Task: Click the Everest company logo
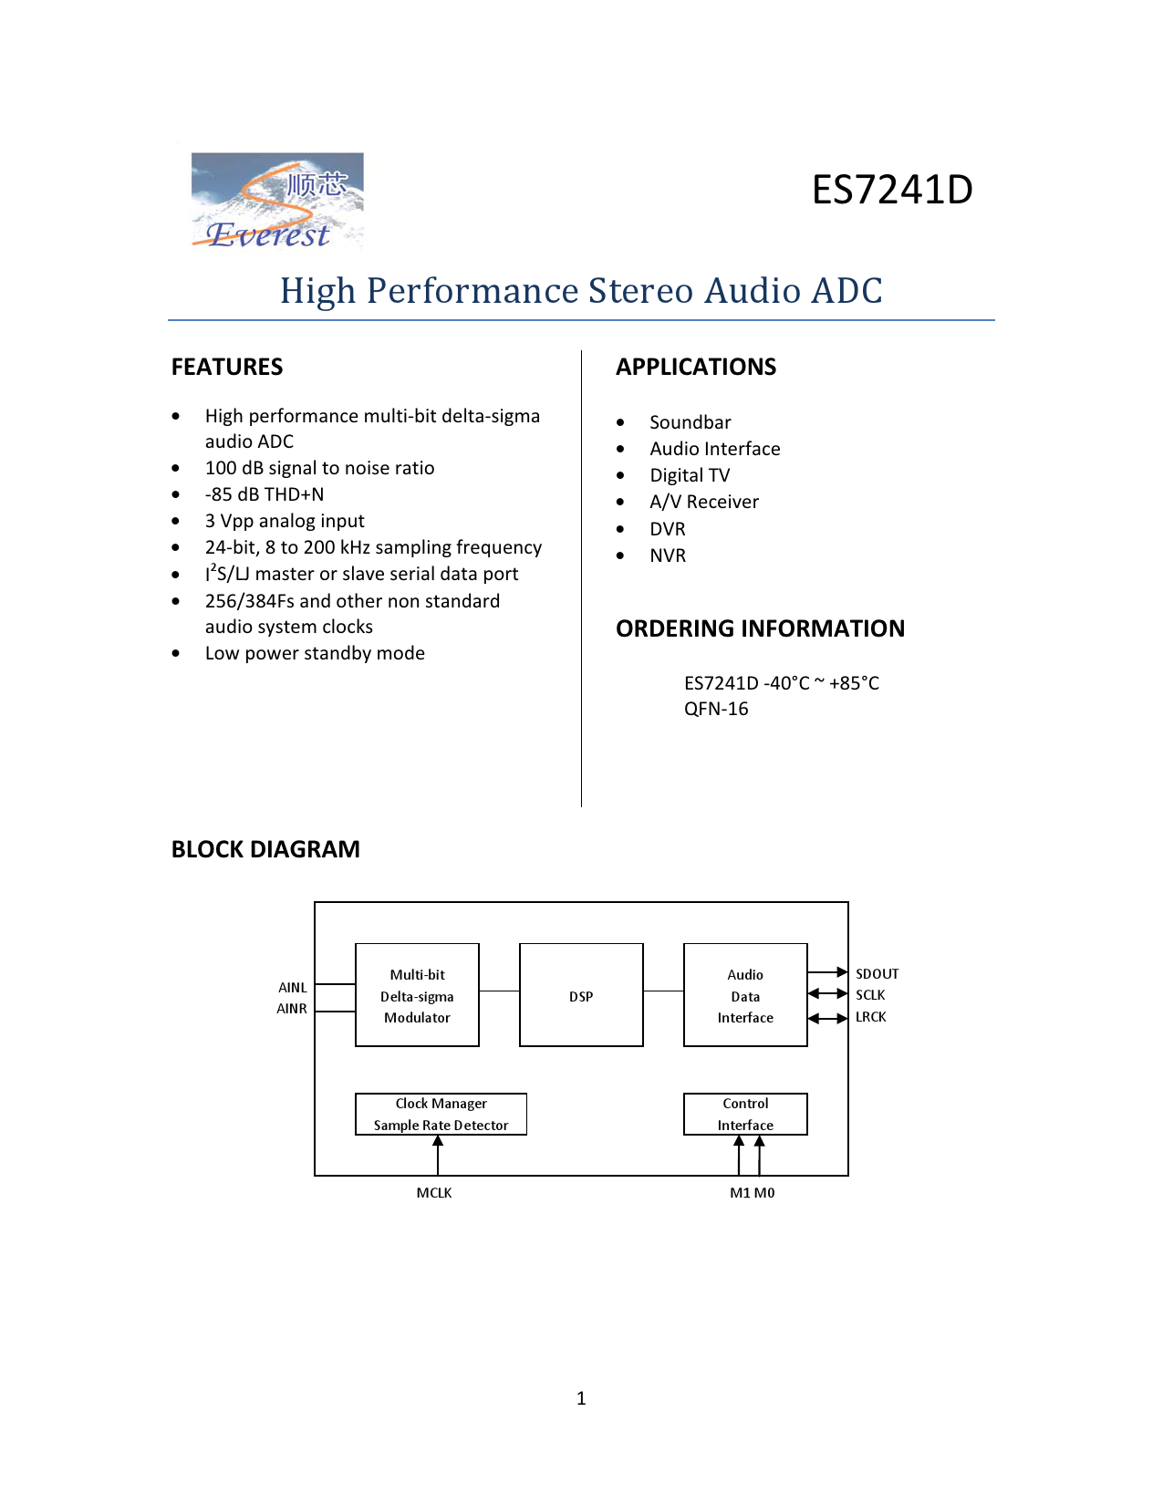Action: pyautogui.click(x=276, y=202)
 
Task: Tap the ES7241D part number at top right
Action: pyautogui.click(x=891, y=190)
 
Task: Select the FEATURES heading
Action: pyautogui.click(x=227, y=367)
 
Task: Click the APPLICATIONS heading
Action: pyautogui.click(x=696, y=367)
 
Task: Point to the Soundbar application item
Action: pyautogui.click(x=690, y=422)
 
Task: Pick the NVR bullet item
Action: pyautogui.click(x=667, y=555)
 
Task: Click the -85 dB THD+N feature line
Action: pyautogui.click(x=265, y=494)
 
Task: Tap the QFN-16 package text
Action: pyautogui.click(x=716, y=709)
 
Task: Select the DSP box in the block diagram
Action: pyautogui.click(x=581, y=995)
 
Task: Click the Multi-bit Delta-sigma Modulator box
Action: pyautogui.click(x=417, y=995)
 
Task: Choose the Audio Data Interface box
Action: pyautogui.click(x=745, y=995)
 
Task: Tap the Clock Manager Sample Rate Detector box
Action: pyautogui.click(x=441, y=1114)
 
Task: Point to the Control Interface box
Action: pyautogui.click(x=745, y=1114)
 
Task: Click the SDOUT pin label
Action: pyautogui.click(x=877, y=973)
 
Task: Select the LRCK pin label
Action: pyautogui.click(x=870, y=1017)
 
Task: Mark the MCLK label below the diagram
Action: pyautogui.click(x=434, y=1193)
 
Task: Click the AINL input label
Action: pyautogui.click(x=293, y=988)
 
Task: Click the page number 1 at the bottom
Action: pyautogui.click(x=581, y=1398)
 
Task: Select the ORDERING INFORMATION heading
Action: pyautogui.click(x=760, y=628)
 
